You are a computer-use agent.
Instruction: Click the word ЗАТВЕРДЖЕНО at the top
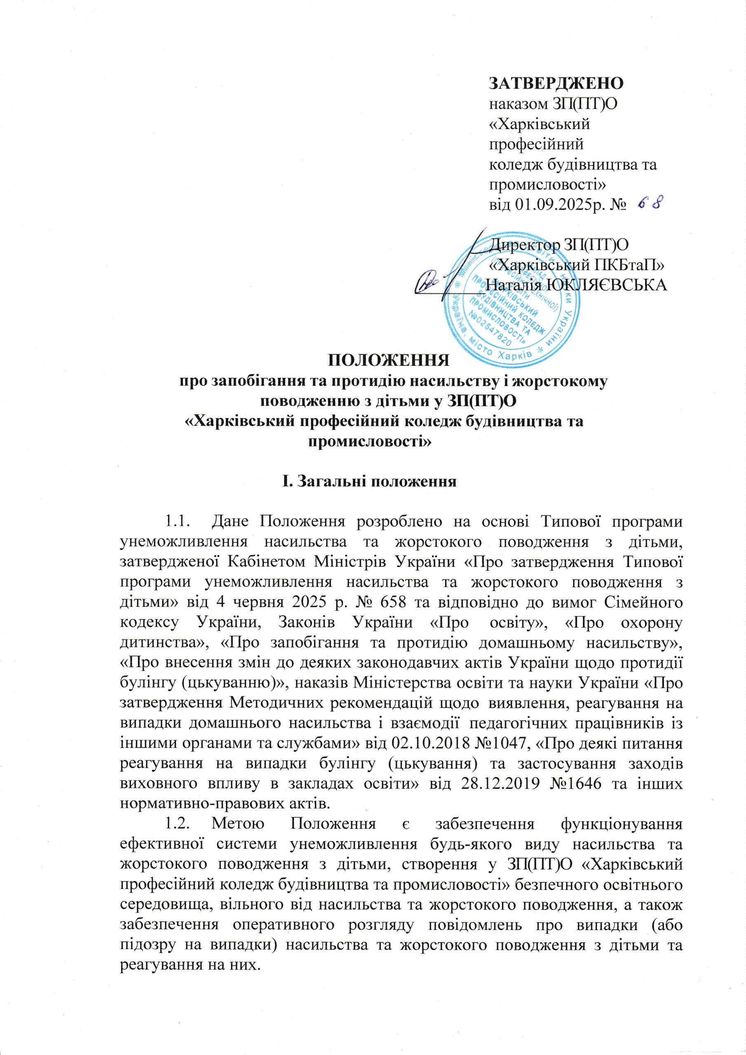click(555, 84)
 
